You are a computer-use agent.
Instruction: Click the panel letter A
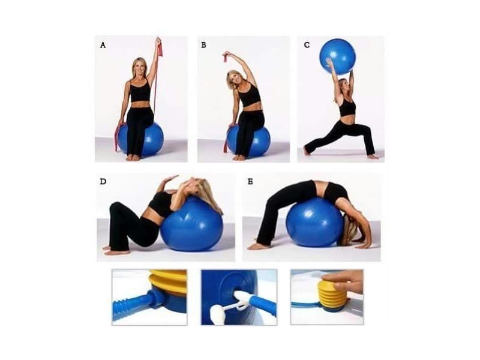click(x=103, y=45)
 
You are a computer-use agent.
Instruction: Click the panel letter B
click(x=204, y=45)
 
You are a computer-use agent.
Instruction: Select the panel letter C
click(x=307, y=45)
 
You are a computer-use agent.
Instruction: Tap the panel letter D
click(x=103, y=181)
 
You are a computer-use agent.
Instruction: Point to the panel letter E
click(x=250, y=181)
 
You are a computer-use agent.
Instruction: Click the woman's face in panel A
click(x=139, y=68)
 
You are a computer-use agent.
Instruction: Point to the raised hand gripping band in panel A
click(x=158, y=43)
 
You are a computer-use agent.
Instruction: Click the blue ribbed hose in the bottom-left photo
click(x=129, y=305)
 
